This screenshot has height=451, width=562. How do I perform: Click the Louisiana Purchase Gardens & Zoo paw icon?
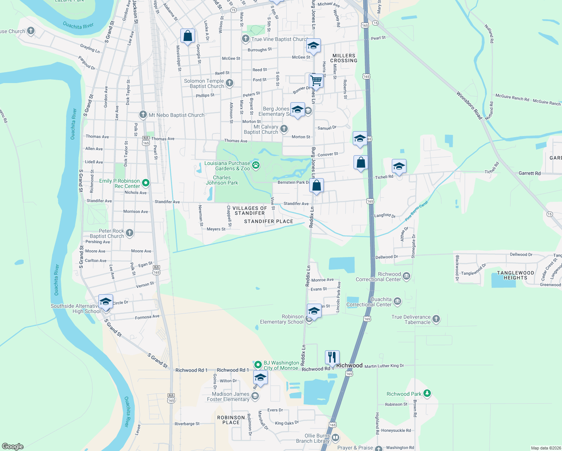[256, 165]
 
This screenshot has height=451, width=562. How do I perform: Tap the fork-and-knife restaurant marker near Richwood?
[332, 357]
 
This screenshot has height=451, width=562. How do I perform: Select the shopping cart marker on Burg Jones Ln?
[316, 81]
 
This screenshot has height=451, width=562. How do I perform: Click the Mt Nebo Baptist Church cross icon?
[143, 114]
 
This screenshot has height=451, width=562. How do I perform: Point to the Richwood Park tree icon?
[427, 393]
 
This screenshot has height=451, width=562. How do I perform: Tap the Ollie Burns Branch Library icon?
[335, 437]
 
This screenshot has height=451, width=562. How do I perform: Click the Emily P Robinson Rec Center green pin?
[146, 183]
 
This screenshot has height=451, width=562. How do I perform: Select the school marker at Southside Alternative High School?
[106, 302]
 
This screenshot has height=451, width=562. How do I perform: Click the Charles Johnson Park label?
[222, 180]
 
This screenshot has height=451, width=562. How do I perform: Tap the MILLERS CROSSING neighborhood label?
[344, 58]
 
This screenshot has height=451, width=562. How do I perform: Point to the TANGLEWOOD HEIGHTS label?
[515, 275]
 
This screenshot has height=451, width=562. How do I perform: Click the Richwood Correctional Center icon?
[406, 276]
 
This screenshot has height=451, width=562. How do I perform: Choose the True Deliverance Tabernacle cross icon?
[436, 319]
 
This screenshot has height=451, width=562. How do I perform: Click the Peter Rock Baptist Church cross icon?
[130, 233]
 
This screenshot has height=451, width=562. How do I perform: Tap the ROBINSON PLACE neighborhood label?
[231, 420]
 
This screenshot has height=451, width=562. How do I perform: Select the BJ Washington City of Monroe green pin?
[258, 365]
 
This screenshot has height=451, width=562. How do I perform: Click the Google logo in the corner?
[13, 446]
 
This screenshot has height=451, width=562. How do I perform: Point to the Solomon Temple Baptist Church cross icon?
[230, 83]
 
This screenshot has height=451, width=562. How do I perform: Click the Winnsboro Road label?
[469, 105]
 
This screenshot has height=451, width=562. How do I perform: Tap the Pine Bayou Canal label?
[417, 211]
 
